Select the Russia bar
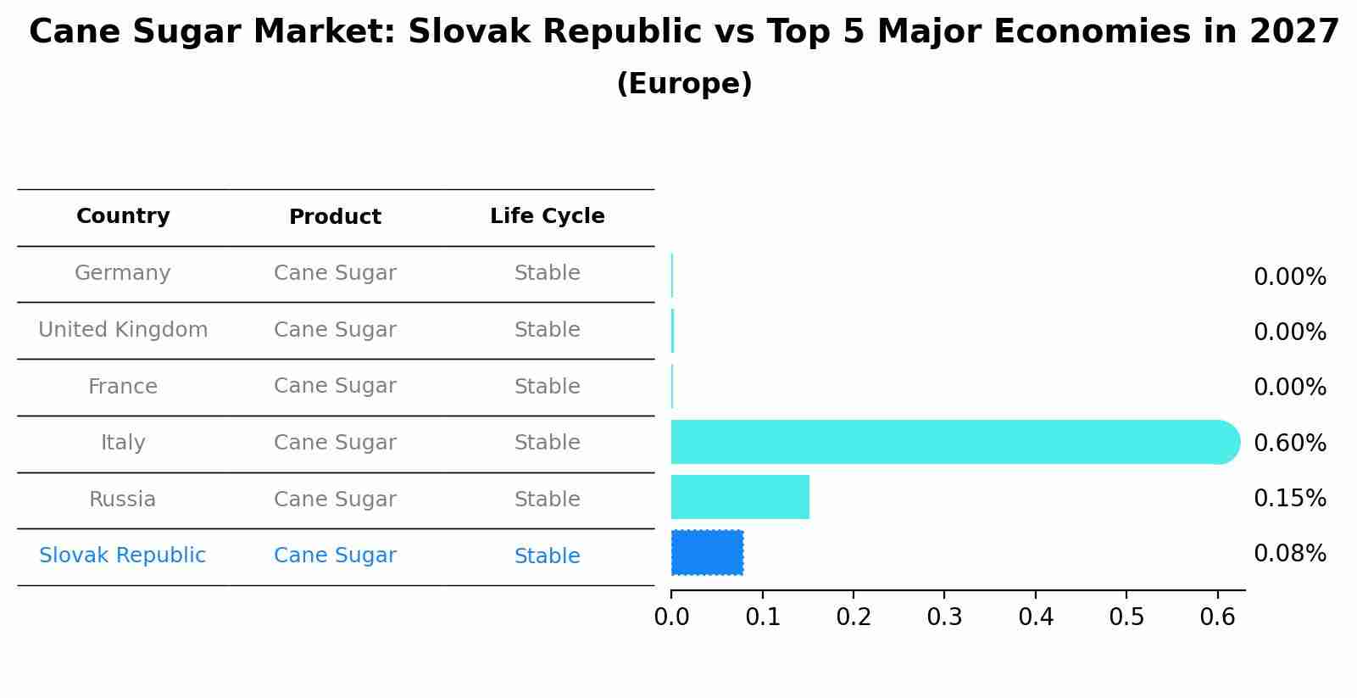(x=740, y=497)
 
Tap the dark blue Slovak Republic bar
(x=707, y=553)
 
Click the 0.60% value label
(x=1289, y=443)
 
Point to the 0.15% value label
(x=1289, y=499)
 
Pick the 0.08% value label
(x=1289, y=554)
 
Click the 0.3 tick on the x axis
(x=944, y=617)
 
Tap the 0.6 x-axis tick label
(x=1217, y=617)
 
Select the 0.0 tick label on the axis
(x=671, y=617)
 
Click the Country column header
(x=123, y=216)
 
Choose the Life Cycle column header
(x=547, y=216)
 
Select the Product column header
(x=335, y=217)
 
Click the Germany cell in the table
(x=123, y=273)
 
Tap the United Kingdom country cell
(x=123, y=330)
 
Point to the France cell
(x=123, y=387)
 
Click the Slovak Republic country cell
(x=123, y=556)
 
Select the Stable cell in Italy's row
(x=547, y=443)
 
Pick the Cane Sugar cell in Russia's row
(x=335, y=500)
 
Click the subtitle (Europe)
(x=684, y=84)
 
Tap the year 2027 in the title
(x=1294, y=32)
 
